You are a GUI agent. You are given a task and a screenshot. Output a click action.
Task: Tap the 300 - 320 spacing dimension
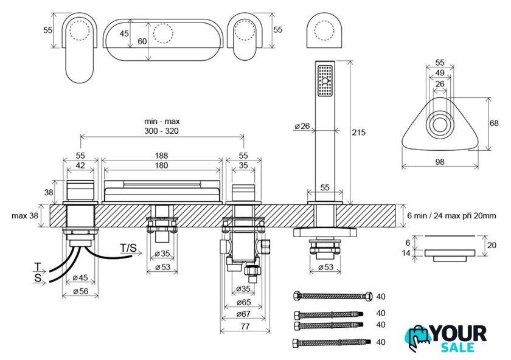(162, 131)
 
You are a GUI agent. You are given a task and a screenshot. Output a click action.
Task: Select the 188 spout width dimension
(162, 156)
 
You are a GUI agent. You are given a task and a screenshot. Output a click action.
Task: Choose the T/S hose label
(129, 247)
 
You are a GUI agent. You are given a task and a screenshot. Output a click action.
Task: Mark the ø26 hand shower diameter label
(302, 126)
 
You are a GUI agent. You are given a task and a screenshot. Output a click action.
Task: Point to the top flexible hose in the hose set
(332, 297)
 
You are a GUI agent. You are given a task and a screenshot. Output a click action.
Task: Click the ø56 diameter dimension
(80, 291)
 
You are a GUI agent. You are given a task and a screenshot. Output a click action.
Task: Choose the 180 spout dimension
(162, 165)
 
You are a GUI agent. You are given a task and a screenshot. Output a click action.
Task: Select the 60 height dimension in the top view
(142, 41)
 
